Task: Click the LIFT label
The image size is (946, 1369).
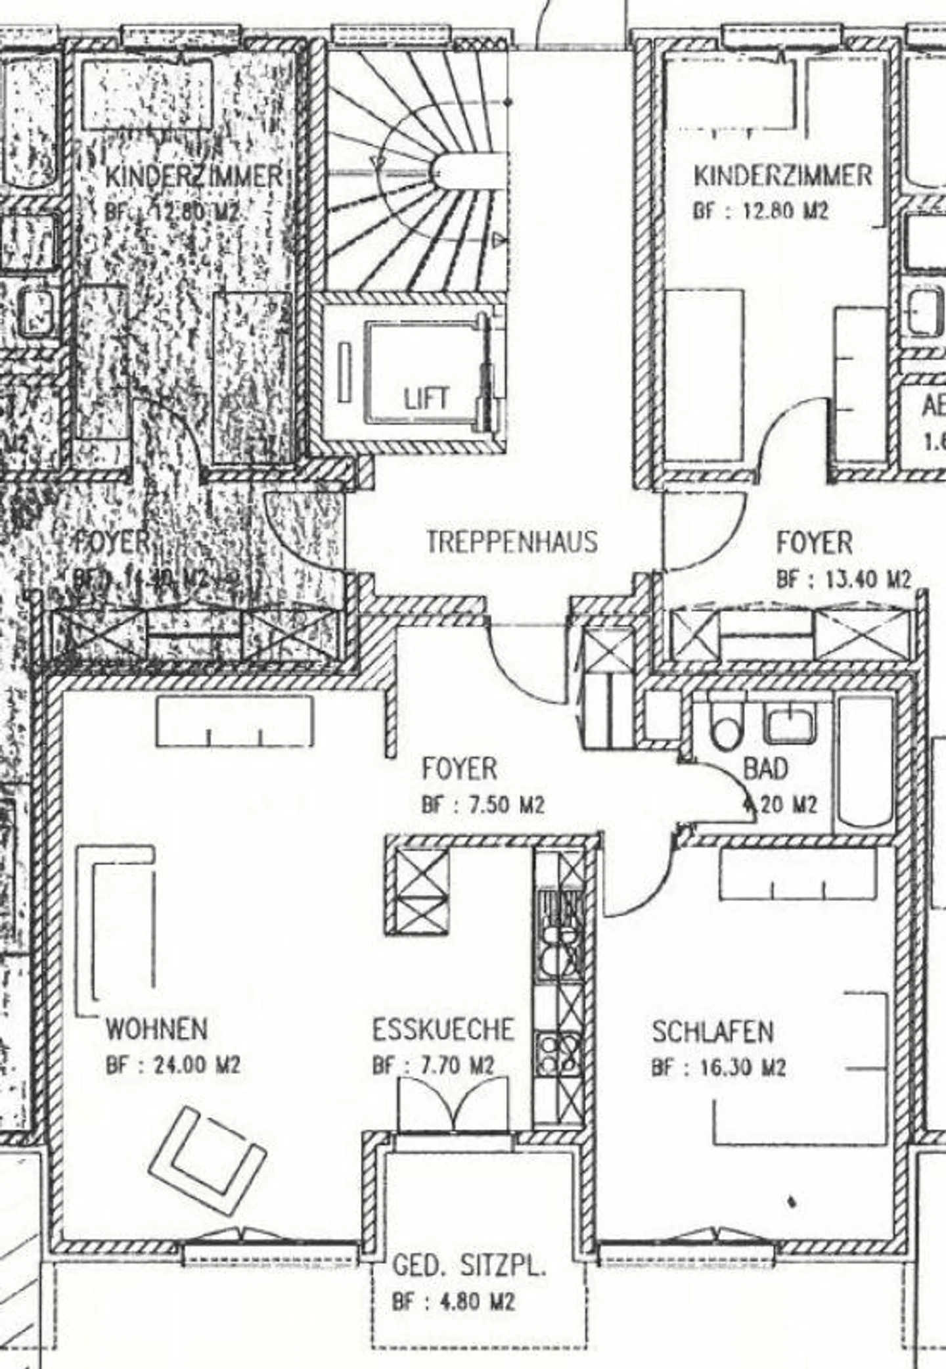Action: pyautogui.click(x=426, y=399)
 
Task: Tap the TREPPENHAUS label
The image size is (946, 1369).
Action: pyautogui.click(x=512, y=542)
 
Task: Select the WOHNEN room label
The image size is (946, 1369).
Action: pyautogui.click(x=157, y=1029)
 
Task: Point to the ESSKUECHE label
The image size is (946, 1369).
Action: pyautogui.click(x=443, y=1030)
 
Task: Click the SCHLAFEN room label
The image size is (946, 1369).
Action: pyautogui.click(x=712, y=1033)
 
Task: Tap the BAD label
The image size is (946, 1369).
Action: pyautogui.click(x=765, y=768)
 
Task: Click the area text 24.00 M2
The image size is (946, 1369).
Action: pyautogui.click(x=196, y=1065)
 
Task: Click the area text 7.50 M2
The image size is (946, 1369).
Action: pyautogui.click(x=503, y=805)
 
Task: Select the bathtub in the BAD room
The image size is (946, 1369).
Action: pyautogui.click(x=866, y=766)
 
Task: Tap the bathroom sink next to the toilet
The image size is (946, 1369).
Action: pyautogui.click(x=790, y=723)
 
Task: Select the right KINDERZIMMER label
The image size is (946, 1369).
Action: pyautogui.click(x=782, y=176)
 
